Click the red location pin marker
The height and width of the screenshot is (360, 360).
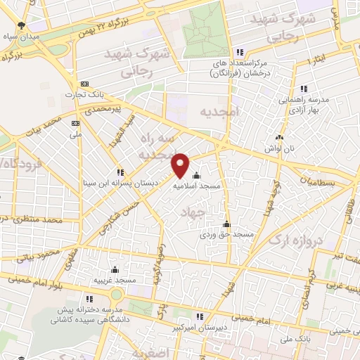click(x=181, y=165)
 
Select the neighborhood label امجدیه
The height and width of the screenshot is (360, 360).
click(x=220, y=112)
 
